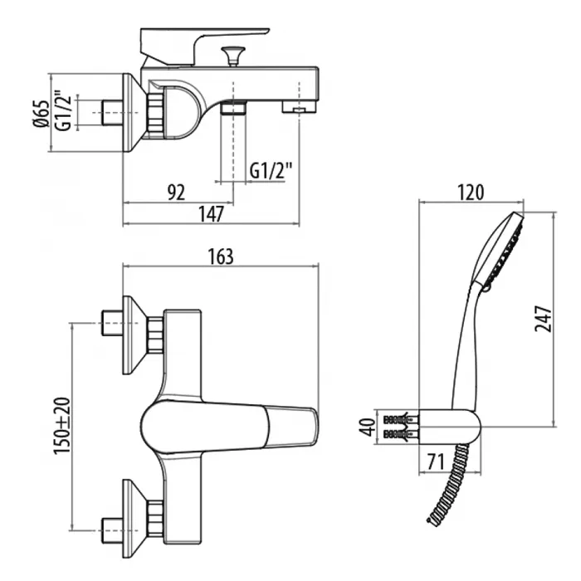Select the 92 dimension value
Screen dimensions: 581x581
pos(175,193)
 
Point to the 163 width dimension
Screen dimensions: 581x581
pos(220,256)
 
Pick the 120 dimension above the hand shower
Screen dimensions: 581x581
pos(470,193)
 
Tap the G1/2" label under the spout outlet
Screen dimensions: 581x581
pos(271,172)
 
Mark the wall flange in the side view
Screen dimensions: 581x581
pos(133,113)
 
